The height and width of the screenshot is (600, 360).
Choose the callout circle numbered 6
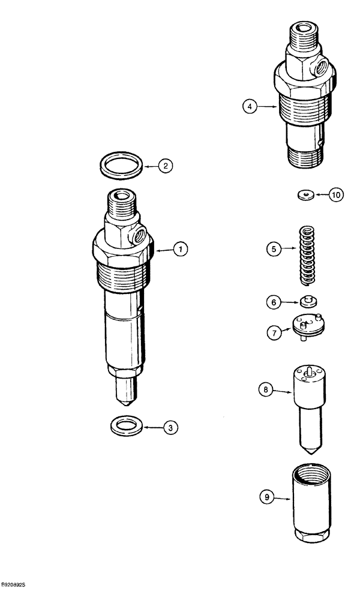(x=274, y=303)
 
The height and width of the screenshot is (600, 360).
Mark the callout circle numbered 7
(x=274, y=331)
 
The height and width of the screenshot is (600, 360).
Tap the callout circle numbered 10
(x=335, y=195)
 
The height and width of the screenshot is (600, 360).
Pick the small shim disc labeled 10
(x=307, y=194)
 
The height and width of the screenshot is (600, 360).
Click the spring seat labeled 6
(x=310, y=301)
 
